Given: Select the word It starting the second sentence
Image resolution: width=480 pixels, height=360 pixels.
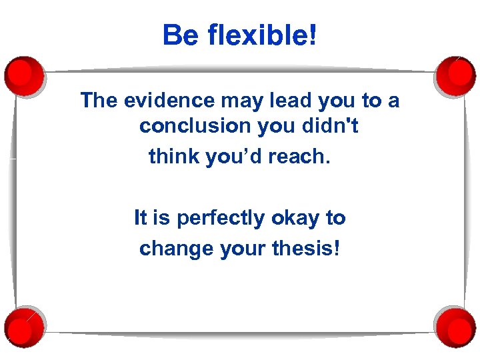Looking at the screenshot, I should tap(141, 218).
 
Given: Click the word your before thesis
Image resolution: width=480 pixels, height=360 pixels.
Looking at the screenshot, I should tap(243, 249).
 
